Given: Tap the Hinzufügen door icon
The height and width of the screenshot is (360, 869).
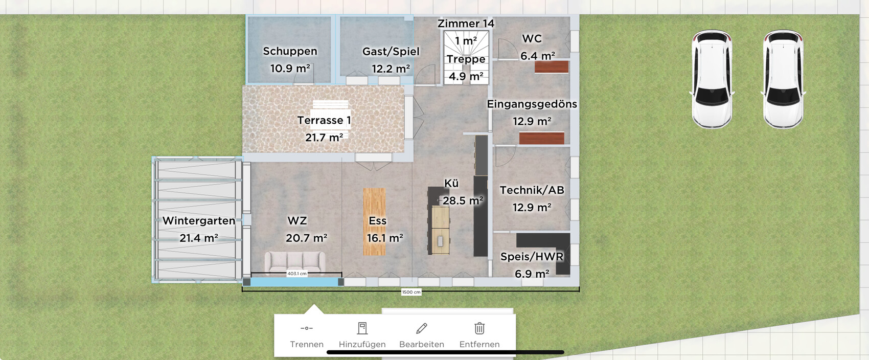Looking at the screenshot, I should point(362,328).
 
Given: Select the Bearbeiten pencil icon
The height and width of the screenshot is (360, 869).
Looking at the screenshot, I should point(421,328).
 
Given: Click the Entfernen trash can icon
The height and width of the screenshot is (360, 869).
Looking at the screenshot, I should point(479,328).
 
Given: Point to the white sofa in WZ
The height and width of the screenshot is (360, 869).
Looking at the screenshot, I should point(295,262).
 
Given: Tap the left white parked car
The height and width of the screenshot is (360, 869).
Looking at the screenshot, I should point(712,79).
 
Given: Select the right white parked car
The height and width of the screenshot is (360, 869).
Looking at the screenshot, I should point(783,79).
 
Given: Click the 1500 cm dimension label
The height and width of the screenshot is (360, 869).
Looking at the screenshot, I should point(411,292).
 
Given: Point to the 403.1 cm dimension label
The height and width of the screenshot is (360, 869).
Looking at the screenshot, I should point(296,274).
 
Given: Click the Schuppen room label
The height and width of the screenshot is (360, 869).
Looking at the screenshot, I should point(290,51).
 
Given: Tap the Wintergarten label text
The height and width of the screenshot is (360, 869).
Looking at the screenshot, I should point(199,221).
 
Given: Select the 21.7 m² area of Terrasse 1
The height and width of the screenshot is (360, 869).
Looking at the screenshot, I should point(324,138).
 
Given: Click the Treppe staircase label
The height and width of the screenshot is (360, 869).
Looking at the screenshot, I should point(466,59).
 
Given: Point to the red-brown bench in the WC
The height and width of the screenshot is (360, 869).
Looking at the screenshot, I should point(552,67).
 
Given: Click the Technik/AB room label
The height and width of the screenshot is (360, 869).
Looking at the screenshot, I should point(532,190).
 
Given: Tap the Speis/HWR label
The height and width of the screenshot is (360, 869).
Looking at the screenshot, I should point(532,257).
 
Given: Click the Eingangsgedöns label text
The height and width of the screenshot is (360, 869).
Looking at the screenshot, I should point(532,104).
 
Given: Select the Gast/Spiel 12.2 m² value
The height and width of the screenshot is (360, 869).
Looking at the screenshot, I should point(391,69).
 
